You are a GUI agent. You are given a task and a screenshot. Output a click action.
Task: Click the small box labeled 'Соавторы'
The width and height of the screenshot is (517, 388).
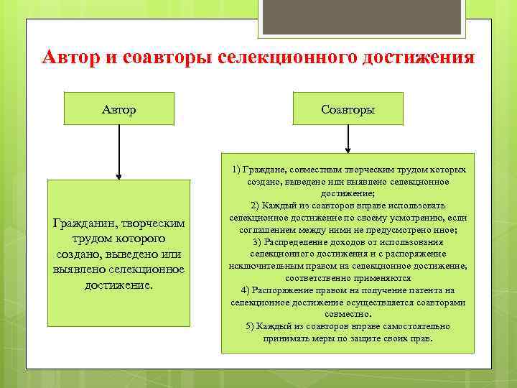[348, 108]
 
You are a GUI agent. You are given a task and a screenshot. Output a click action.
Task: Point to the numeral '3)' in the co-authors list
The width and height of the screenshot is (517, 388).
[257, 241]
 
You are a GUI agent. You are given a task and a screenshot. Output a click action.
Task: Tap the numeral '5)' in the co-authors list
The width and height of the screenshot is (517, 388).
[250, 326]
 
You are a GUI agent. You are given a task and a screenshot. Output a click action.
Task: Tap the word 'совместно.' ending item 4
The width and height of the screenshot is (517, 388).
[348, 314]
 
